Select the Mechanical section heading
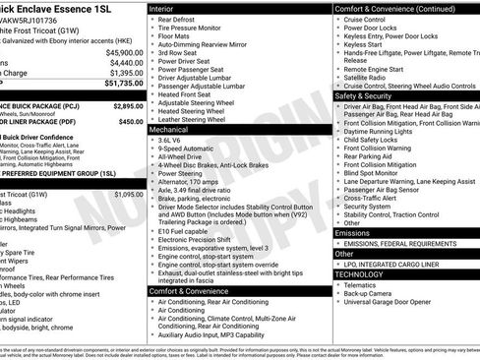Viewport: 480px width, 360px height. click(x=170, y=129)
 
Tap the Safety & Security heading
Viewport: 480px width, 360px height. click(x=363, y=96)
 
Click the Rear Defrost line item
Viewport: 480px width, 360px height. click(x=176, y=20)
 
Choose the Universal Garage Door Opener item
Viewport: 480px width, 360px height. click(x=389, y=302)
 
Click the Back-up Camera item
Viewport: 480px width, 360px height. click(x=367, y=293)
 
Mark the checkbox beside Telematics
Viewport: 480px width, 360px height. click(x=338, y=285)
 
